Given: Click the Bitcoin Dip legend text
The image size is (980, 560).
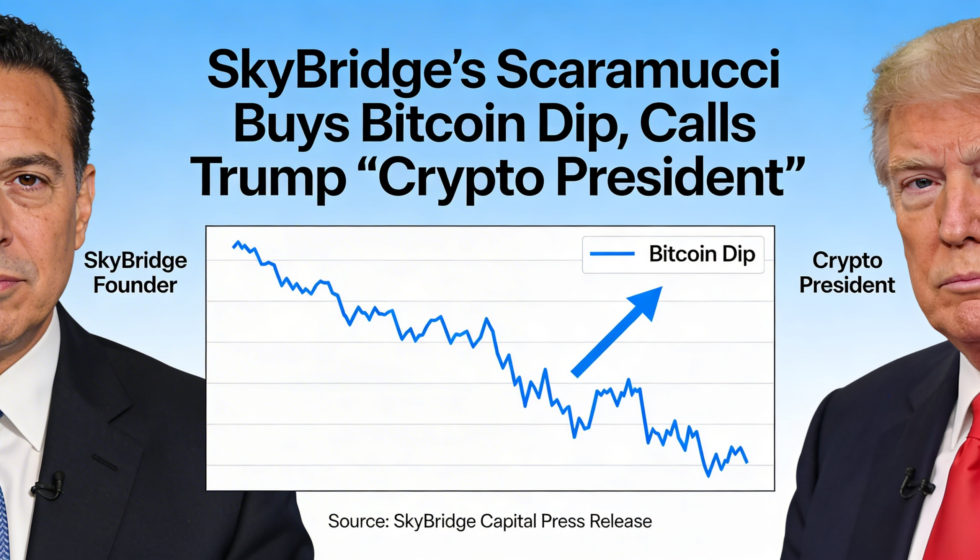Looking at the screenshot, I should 702,254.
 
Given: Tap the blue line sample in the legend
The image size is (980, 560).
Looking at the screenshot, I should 612,254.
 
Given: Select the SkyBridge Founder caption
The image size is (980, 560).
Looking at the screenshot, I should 136,273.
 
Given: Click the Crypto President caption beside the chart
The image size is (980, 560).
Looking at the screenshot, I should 847,273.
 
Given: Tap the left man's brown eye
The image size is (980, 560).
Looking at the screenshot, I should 29,180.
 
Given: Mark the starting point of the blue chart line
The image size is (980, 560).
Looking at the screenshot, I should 234,247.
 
